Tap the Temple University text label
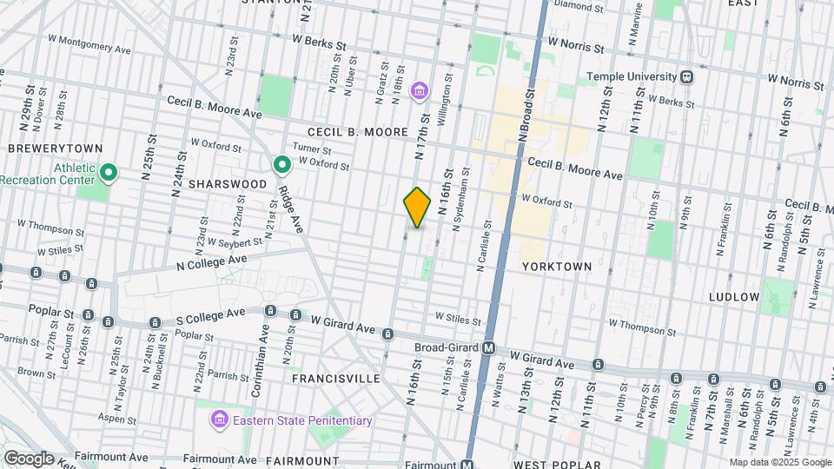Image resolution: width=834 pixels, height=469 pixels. (x=632, y=76)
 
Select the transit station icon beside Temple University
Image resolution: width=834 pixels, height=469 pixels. (x=687, y=76)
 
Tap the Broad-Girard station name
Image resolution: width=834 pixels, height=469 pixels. (x=442, y=347)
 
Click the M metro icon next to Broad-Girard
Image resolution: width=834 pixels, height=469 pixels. (x=488, y=347)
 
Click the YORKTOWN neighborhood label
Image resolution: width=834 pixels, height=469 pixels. (x=557, y=267)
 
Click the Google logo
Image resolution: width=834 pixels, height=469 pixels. (x=29, y=459)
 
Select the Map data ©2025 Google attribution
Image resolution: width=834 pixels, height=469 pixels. (x=779, y=462)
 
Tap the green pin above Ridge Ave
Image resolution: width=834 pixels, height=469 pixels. (x=282, y=164)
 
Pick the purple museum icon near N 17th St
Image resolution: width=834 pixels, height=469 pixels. (x=420, y=90)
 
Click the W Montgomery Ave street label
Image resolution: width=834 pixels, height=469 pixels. (x=89, y=44)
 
